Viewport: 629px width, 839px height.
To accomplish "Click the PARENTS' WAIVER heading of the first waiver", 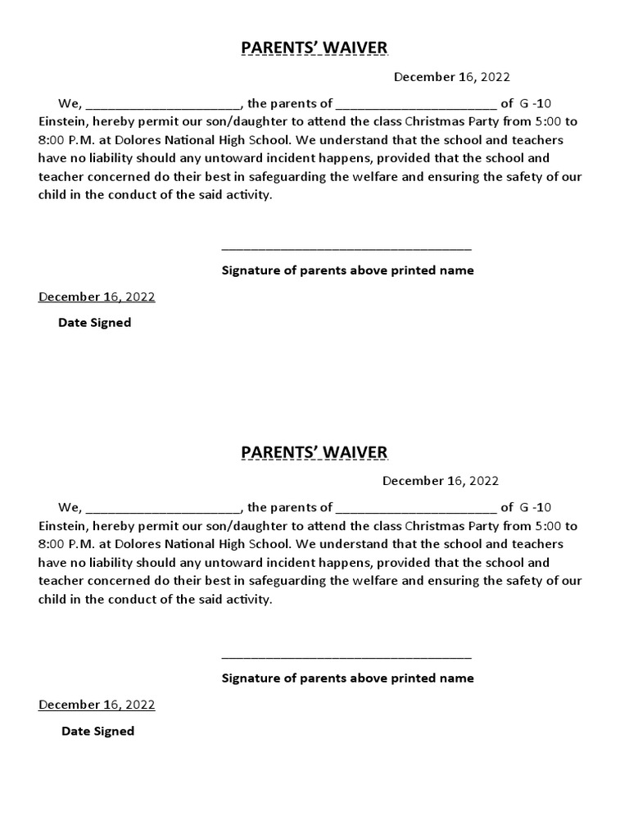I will point(314,48).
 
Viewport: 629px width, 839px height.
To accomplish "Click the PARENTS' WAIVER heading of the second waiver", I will point(314,453).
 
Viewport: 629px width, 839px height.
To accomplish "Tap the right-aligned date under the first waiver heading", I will point(451,77).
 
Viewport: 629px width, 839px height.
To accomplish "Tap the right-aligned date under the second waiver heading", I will point(440,481).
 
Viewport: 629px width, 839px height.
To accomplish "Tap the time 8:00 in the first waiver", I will point(53,139).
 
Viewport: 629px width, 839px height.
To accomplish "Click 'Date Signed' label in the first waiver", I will point(94,323).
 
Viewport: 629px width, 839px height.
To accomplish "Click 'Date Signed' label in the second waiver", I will point(97,731).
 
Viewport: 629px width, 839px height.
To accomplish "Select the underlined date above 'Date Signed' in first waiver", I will point(97,297).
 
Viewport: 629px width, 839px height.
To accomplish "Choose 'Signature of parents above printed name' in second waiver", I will point(347,678).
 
